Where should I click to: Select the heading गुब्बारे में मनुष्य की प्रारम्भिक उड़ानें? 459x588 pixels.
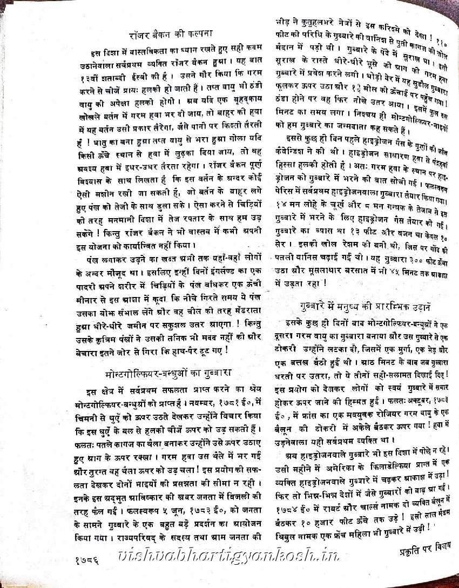pos(366,306)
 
